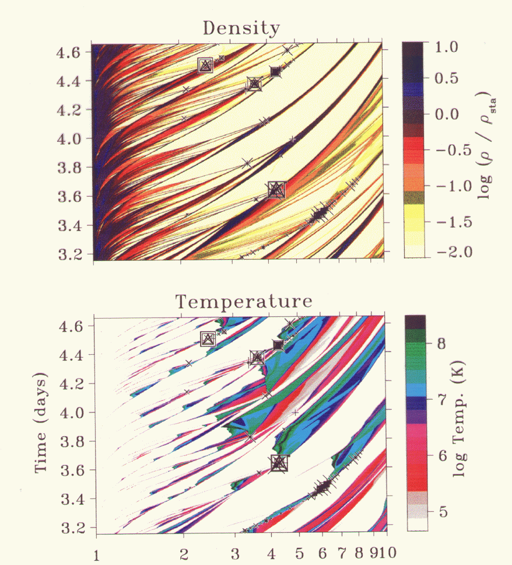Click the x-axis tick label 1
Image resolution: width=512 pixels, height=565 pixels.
point(96,552)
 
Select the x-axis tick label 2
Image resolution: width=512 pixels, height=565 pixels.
point(184,552)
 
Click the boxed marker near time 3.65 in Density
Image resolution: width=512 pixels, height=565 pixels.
point(276,190)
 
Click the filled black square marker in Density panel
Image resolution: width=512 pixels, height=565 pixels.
point(275,72)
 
